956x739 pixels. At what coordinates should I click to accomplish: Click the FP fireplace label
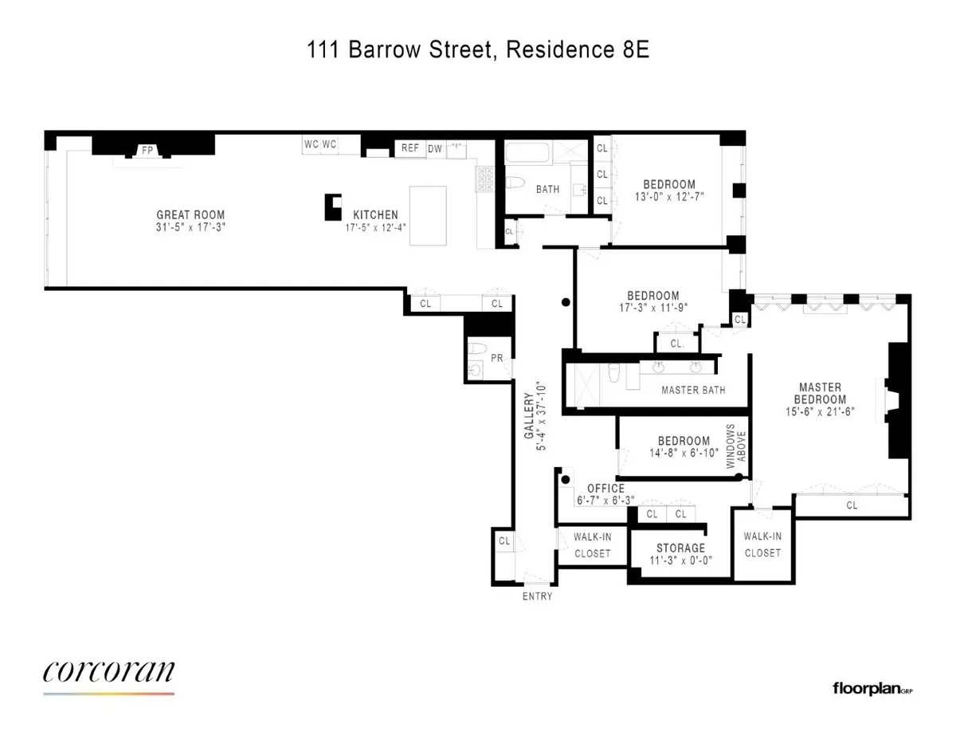[147, 150]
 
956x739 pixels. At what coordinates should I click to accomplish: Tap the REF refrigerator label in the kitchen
[409, 148]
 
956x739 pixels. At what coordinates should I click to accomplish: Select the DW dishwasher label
[434, 148]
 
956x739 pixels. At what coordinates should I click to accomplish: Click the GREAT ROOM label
[190, 214]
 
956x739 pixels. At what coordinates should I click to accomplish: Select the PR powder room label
[496, 358]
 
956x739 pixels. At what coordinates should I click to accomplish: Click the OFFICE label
[605, 489]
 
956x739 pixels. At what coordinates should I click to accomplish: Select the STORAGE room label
[680, 548]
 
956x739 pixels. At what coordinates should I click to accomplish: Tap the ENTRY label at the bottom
[536, 596]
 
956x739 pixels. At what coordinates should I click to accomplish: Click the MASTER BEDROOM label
[819, 393]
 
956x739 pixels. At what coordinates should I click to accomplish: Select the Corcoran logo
[108, 673]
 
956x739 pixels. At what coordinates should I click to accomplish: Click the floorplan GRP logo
[872, 688]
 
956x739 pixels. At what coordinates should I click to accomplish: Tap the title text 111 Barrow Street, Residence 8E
[478, 51]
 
